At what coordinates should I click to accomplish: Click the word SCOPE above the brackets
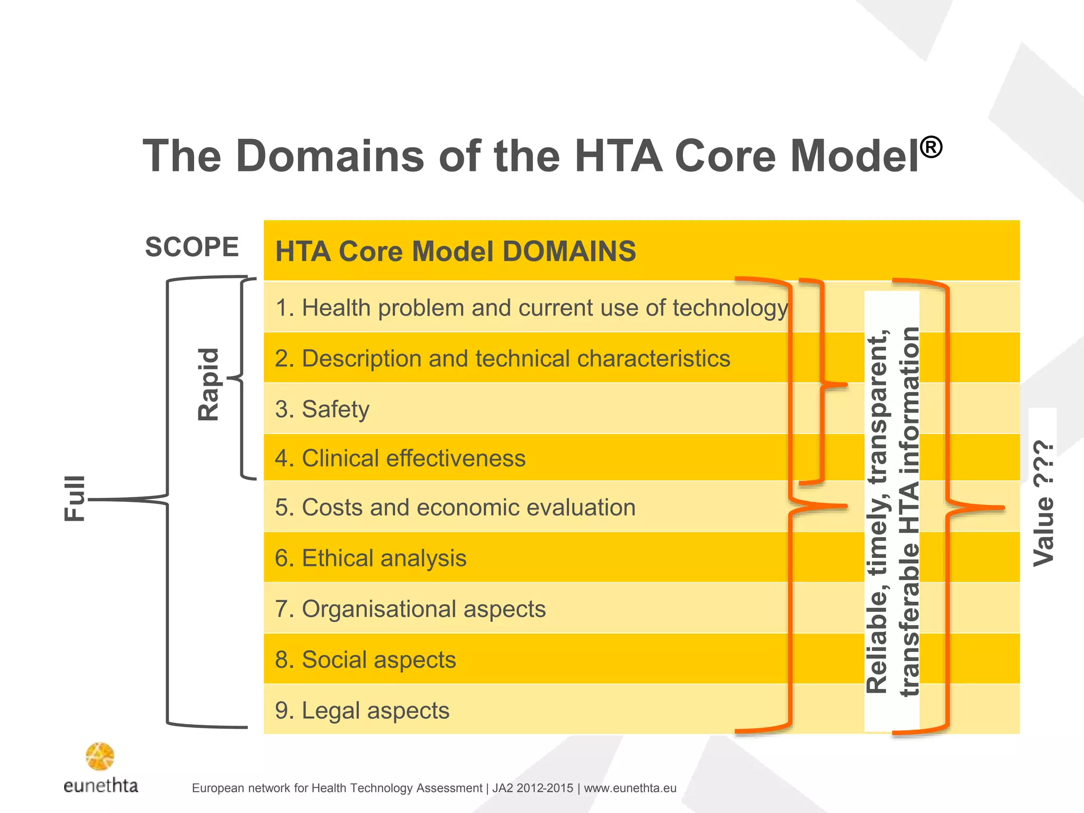pyautogui.click(x=192, y=247)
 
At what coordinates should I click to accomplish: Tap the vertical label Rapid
pyautogui.click(x=208, y=384)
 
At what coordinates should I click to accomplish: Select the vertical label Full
pyautogui.click(x=75, y=498)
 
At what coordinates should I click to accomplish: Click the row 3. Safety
pyautogui.click(x=322, y=409)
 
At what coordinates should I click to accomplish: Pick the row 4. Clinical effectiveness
pyautogui.click(x=400, y=458)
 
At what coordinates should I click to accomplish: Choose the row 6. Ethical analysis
pyautogui.click(x=371, y=558)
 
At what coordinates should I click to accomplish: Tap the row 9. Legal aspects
pyautogui.click(x=362, y=710)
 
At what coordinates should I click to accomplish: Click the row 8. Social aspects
pyautogui.click(x=365, y=660)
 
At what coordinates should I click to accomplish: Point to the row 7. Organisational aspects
pyautogui.click(x=410, y=609)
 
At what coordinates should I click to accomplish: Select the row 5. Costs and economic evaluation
pyautogui.click(x=455, y=507)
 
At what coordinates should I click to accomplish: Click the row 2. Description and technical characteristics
pyautogui.click(x=502, y=358)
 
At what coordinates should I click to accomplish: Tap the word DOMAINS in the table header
pyautogui.click(x=569, y=251)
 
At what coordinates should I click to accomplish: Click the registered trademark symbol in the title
pyautogui.click(x=931, y=147)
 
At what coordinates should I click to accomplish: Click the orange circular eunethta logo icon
pyautogui.click(x=100, y=756)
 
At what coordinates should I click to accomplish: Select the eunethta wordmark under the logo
pyautogui.click(x=101, y=785)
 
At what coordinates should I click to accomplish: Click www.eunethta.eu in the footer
pyautogui.click(x=630, y=788)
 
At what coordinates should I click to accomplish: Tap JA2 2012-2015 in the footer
pyautogui.click(x=532, y=788)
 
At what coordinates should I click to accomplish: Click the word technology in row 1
pyautogui.click(x=730, y=308)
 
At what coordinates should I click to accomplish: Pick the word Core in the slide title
pyautogui.click(x=725, y=156)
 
